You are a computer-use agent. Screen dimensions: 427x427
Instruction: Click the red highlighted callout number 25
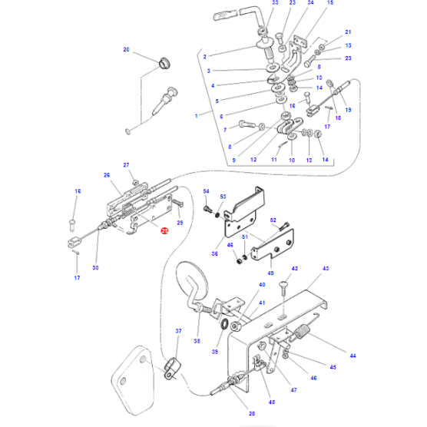click(x=163, y=230)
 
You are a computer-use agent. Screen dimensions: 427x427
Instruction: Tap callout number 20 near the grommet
click(x=127, y=50)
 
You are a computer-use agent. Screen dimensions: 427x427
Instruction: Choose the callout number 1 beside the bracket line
click(x=197, y=116)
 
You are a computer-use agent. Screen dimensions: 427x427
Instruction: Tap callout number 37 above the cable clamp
click(x=180, y=331)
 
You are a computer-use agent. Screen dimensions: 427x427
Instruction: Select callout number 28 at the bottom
click(x=252, y=413)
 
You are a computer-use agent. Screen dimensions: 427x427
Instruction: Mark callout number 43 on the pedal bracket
click(x=326, y=269)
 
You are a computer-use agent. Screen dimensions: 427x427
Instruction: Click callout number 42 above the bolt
click(x=293, y=269)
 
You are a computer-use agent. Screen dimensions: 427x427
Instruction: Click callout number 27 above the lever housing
click(x=127, y=165)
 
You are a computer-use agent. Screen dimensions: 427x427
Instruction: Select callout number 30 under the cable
click(x=96, y=268)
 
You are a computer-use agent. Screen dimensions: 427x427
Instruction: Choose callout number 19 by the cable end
click(x=346, y=111)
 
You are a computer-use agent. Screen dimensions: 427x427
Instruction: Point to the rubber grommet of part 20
click(x=162, y=61)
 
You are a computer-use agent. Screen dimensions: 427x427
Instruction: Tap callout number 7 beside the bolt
click(x=226, y=130)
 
